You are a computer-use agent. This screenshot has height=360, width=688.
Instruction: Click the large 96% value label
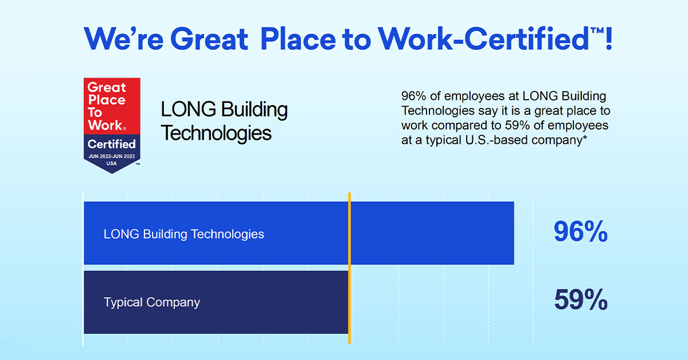(580, 231)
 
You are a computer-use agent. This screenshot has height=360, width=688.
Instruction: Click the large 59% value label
(581, 299)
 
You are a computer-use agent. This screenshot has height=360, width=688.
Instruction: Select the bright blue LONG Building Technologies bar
(299, 233)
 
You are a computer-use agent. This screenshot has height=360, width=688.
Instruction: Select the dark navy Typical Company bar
(216, 302)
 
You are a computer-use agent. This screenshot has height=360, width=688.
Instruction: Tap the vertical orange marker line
(350, 268)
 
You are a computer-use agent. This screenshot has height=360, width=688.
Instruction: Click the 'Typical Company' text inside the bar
(152, 303)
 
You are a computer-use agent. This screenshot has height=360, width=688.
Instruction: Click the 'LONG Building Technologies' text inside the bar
(183, 234)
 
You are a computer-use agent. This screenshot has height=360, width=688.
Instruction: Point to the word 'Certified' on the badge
(111, 144)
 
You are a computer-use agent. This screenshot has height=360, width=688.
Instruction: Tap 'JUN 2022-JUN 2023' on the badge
(111, 156)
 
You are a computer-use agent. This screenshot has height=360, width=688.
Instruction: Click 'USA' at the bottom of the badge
(111, 163)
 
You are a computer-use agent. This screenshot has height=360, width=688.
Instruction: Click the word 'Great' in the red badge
(107, 88)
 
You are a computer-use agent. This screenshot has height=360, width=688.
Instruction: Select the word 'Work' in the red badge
(105, 125)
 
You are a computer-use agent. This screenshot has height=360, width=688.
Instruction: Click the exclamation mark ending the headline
(609, 39)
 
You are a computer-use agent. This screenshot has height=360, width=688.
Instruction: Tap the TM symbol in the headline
(596, 30)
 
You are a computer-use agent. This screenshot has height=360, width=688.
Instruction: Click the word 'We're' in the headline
(123, 39)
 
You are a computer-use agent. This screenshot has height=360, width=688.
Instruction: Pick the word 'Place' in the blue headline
(298, 39)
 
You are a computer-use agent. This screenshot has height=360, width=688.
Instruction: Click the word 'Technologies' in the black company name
(216, 133)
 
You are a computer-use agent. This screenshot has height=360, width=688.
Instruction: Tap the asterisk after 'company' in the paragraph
(585, 138)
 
